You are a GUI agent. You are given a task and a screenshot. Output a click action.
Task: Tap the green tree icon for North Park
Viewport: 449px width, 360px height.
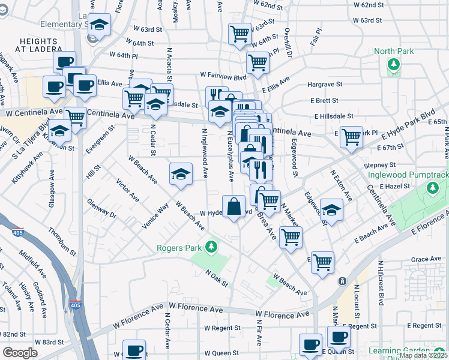394,65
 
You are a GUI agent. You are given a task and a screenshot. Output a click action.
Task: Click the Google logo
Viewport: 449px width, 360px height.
20,353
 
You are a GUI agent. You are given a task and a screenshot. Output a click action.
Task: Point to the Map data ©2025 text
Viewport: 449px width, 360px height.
423,355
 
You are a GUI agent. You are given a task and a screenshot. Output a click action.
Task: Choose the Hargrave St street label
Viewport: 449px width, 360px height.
325,85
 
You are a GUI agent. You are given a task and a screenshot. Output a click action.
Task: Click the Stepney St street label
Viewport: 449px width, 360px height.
379,164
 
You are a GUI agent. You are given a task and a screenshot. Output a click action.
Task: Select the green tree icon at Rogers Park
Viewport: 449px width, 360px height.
210,247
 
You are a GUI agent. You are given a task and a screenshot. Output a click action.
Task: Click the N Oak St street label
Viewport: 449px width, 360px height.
217,277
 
